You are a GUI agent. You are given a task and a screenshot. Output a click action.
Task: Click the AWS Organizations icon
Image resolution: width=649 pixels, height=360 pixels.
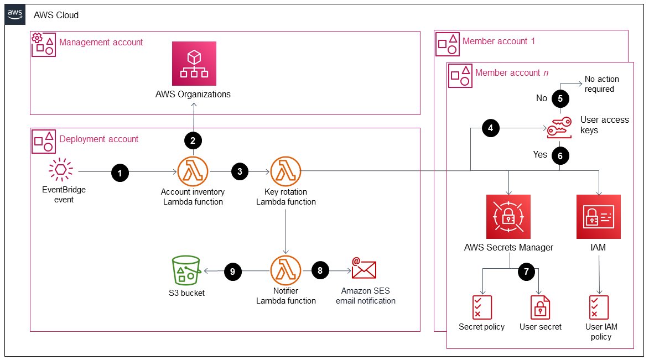coord(193,64)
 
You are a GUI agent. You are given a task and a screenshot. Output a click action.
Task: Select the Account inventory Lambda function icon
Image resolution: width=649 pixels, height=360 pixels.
coord(192,172)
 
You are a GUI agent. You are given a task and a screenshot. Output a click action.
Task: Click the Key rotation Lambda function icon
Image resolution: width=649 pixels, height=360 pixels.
coord(285,172)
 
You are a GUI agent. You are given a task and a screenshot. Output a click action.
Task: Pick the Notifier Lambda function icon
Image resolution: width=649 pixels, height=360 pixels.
coord(285,271)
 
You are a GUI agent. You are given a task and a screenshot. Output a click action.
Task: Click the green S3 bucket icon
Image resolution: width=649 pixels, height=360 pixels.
coord(185,272)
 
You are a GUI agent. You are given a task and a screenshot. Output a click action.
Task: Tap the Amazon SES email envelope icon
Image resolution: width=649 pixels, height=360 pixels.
coord(364,269)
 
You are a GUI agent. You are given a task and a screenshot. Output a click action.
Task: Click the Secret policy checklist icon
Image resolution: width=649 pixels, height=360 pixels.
coord(481,307)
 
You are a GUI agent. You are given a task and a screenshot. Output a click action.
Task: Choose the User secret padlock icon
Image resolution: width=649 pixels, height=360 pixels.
coord(540,307)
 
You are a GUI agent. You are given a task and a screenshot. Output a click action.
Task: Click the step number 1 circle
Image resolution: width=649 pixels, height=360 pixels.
coord(120,173)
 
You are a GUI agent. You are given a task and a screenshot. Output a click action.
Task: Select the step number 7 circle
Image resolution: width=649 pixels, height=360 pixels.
coord(527,271)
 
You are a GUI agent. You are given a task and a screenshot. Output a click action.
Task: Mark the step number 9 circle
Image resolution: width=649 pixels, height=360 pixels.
coord(232,271)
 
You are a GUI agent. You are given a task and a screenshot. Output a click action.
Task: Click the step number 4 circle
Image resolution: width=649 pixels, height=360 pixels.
coord(489,128)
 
